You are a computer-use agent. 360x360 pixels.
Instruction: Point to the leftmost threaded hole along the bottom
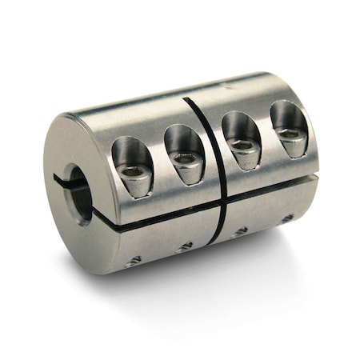pyautogui.click(x=135, y=261)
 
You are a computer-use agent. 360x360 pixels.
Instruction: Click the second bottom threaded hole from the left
pyautogui.click(x=186, y=247)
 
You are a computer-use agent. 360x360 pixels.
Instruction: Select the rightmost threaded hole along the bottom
pyautogui.click(x=286, y=218)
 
